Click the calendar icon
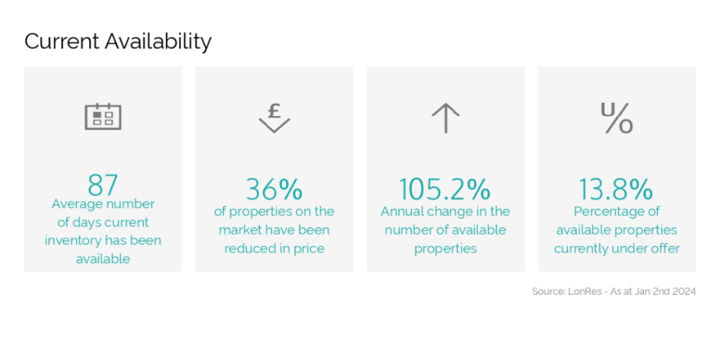click(x=103, y=117)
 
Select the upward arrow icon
click(x=445, y=118)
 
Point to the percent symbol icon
click(x=617, y=118)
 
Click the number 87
click(x=103, y=185)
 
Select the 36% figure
click(x=274, y=189)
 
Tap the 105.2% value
click(x=444, y=189)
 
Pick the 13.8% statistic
click(x=615, y=189)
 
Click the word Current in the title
click(x=62, y=41)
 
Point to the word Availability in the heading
click(x=158, y=42)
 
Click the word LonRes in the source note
click(x=584, y=291)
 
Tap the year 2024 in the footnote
click(x=683, y=291)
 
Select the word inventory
click(x=73, y=241)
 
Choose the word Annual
click(x=399, y=212)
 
